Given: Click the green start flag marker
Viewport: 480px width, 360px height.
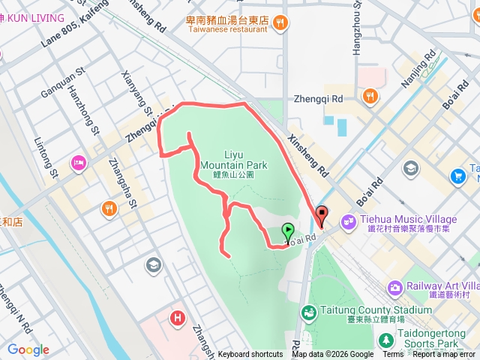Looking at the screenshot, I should tap(287, 233).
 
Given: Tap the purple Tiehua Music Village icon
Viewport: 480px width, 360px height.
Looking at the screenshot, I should tap(347, 220).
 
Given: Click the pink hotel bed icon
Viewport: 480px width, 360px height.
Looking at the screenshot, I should tap(78, 163).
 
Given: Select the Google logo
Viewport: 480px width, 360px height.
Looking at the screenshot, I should tap(28, 349).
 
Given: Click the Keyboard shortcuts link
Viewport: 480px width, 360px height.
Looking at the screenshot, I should tap(250, 355).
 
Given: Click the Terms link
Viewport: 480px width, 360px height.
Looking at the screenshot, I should tap(393, 355).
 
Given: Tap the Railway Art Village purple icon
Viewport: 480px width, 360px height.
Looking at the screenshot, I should tap(396, 287).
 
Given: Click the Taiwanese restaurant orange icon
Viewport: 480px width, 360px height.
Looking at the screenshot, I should tap(279, 23).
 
